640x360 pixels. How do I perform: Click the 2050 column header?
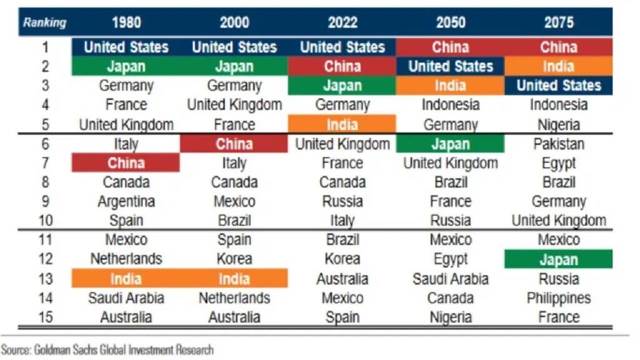tap(450, 23)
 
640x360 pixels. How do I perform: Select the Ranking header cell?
tap(45, 23)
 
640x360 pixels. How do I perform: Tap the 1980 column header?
tap(126, 23)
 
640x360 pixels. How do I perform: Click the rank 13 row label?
tap(45, 279)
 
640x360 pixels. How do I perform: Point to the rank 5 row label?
tap(45, 124)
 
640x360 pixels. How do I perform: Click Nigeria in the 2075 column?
tap(559, 124)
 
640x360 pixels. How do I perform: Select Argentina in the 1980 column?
tap(126, 202)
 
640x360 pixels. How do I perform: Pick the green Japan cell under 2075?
tap(559, 259)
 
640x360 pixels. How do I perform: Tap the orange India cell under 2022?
tap(342, 124)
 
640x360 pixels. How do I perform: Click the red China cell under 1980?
tap(126, 163)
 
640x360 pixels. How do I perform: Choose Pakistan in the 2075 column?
tap(559, 144)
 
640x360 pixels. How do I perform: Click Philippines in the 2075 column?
tap(559, 298)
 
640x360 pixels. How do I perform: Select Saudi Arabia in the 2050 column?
tap(450, 279)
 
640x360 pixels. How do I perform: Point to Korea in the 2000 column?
tap(234, 259)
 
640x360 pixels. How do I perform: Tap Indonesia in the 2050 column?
tap(450, 105)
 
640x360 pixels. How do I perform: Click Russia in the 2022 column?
tap(342, 202)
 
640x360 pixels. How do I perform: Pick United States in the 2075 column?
tap(559, 86)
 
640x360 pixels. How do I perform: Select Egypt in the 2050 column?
tap(450, 259)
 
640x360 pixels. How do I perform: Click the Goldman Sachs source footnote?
tap(107, 349)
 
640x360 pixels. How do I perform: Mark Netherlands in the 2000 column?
tap(234, 298)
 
